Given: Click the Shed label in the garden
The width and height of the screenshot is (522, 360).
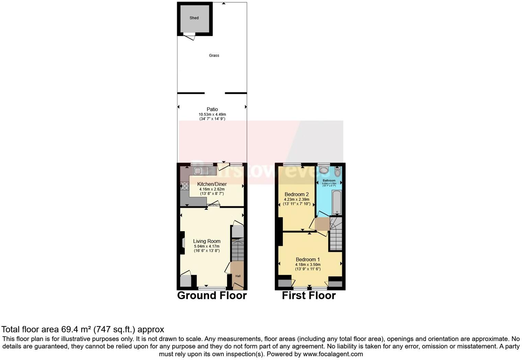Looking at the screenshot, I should [194, 18].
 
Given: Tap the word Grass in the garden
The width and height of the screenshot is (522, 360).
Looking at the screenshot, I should [214, 55].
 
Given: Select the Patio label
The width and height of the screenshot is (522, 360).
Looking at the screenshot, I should [212, 109].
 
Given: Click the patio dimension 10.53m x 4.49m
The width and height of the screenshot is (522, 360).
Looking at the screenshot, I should [212, 114].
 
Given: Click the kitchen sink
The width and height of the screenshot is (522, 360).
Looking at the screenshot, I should [198, 171].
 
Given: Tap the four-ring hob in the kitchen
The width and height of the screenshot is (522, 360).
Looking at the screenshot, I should [184, 186].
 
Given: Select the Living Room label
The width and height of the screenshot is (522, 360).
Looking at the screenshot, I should [206, 241].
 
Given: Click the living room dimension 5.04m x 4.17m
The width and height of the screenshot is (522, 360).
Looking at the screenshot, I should [206, 246].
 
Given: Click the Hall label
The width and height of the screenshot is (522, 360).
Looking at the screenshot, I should [238, 276].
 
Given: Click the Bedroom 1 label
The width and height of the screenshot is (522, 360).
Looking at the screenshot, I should [308, 259].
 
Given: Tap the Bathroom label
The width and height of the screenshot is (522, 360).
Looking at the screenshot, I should [329, 180].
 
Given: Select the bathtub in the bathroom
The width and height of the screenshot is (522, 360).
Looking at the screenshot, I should [337, 203].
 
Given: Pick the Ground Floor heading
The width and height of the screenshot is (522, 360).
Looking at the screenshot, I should [212, 295].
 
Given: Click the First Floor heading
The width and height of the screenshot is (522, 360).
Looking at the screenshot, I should [309, 295].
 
